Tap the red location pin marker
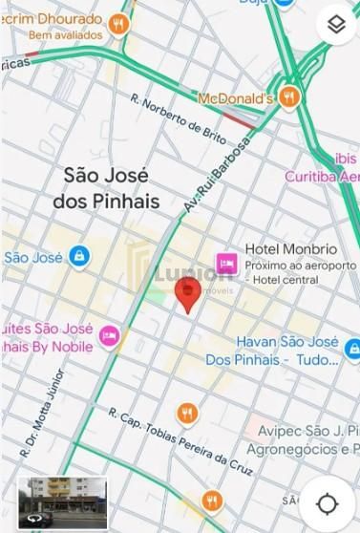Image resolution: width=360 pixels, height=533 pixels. pos(188,294)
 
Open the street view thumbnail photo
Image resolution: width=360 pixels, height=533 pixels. pos(63,501)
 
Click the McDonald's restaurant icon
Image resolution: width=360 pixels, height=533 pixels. pos(290,97)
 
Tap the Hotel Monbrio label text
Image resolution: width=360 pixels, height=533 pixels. pos(285,249)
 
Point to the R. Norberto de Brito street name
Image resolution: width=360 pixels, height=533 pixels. pos(179,118)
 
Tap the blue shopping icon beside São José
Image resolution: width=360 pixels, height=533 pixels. pos(78,256)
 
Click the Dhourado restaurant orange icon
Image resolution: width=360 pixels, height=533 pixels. pos(118,23)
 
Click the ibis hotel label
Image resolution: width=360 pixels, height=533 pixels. pos(345,158)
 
